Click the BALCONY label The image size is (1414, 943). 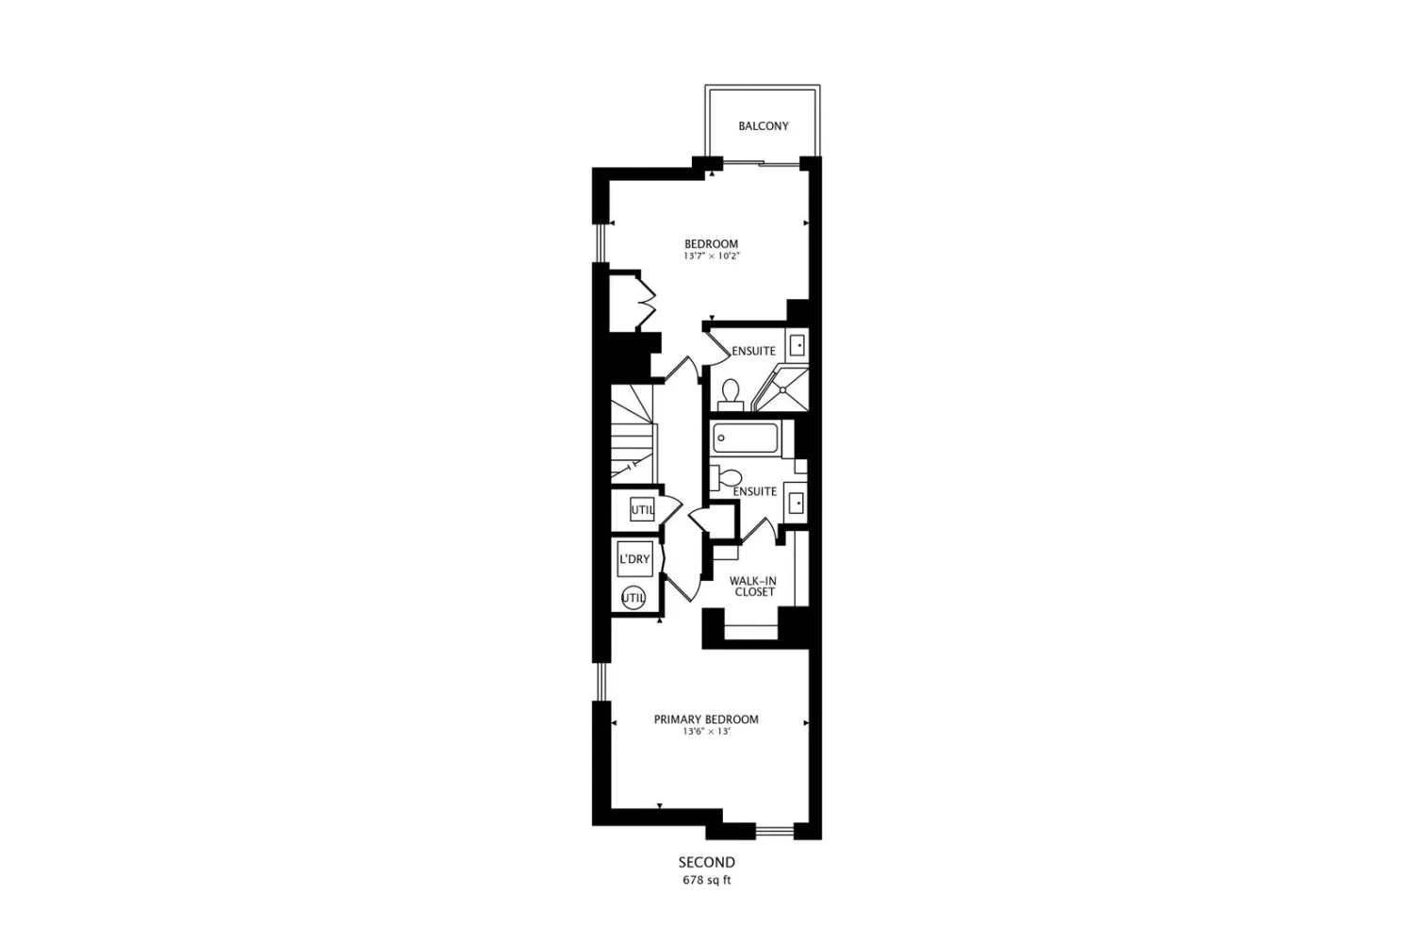point(764,126)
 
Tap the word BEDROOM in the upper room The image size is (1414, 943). point(712,244)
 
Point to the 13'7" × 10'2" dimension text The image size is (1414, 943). point(712,256)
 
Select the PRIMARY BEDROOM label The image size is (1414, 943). point(706,720)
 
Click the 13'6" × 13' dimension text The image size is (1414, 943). point(706,732)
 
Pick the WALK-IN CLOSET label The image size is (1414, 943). point(753,587)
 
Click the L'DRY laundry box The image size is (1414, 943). point(634,559)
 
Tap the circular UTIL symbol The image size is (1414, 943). point(633,598)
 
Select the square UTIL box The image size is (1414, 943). point(642,509)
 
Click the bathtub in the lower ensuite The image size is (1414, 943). point(745,438)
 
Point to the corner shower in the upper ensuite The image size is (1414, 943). point(781,388)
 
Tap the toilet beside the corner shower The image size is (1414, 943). point(731,395)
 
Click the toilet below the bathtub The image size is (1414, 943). point(726,477)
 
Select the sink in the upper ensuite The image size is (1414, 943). point(797,345)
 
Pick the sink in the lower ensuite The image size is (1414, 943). point(796,503)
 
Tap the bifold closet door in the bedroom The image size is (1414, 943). point(647,301)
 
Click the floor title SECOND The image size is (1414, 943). point(706,862)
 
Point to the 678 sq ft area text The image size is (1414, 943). point(706,880)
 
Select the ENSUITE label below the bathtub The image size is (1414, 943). point(755,491)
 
